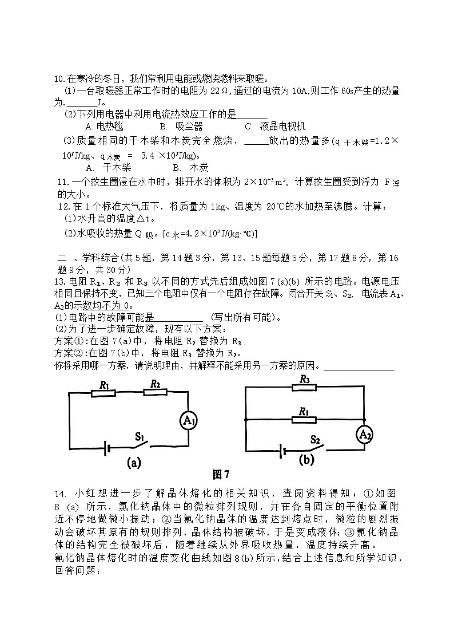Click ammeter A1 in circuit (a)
click(x=189, y=422)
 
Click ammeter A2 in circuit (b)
click(x=364, y=436)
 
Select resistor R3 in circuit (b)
click(x=304, y=387)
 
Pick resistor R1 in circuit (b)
click(x=304, y=420)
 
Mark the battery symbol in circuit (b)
click(x=282, y=452)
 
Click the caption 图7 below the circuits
click(x=220, y=475)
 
